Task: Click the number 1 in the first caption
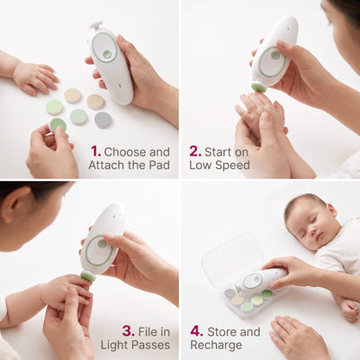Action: click(94, 151)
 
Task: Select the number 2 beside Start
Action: click(194, 151)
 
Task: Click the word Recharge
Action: click(216, 346)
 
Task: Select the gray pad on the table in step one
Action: click(103, 120)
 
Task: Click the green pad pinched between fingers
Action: click(58, 125)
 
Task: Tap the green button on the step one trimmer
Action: click(106, 54)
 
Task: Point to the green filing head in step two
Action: click(258, 87)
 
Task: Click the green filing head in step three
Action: click(88, 276)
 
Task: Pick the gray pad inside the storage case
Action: click(230, 292)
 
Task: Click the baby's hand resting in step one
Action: click(35, 78)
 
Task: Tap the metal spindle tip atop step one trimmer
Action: click(96, 25)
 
